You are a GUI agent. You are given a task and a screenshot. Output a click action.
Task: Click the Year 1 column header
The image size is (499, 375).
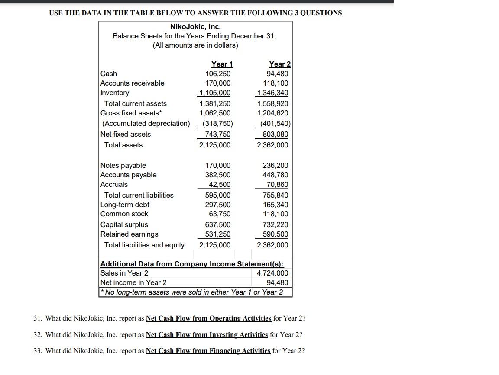[x=222, y=64]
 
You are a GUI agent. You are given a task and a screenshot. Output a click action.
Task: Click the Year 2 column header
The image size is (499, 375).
[x=279, y=64]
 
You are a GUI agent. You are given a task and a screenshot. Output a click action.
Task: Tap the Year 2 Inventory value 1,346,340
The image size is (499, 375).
[x=272, y=93]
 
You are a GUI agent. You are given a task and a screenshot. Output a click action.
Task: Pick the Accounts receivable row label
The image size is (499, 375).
[x=132, y=83]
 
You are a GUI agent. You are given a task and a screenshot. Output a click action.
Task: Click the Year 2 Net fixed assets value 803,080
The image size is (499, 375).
[x=275, y=135]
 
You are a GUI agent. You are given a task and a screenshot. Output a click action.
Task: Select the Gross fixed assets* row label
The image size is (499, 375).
[x=130, y=113]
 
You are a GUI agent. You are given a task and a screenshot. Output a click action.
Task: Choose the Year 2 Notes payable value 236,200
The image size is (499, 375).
[x=275, y=166]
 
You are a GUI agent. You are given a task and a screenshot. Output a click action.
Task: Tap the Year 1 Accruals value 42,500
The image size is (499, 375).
[x=220, y=185]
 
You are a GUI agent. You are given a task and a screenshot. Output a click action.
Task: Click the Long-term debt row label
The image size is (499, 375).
[x=125, y=205]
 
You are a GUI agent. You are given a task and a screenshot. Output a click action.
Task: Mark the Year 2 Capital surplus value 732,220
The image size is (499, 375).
[x=275, y=225]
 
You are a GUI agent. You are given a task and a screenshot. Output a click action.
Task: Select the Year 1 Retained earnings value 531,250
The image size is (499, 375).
[x=218, y=234]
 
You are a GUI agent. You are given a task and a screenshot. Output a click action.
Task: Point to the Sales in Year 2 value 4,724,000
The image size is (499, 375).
[x=272, y=273]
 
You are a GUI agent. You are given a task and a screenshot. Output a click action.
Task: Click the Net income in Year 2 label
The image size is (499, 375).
[x=133, y=283]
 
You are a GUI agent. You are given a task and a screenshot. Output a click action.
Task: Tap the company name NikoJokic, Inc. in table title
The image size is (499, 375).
[x=195, y=27]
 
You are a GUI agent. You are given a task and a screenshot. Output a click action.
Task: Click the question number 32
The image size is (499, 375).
[x=38, y=335]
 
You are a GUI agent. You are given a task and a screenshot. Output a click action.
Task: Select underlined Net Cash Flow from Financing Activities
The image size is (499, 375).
[x=208, y=351]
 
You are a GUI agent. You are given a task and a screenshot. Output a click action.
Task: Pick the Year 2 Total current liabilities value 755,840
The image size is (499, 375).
[x=275, y=196]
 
